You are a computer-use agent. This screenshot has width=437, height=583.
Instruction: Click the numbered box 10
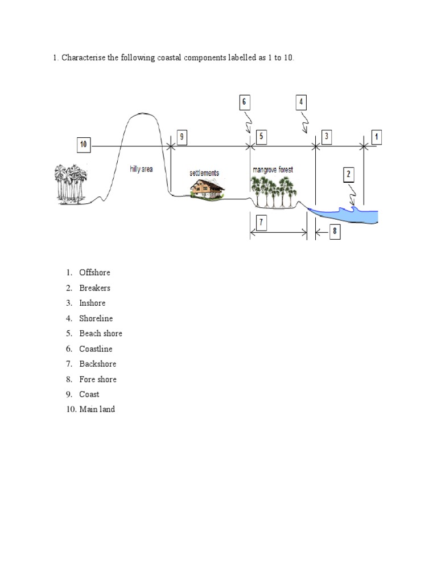(84, 145)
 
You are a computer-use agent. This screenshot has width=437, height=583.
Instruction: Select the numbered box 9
(181, 137)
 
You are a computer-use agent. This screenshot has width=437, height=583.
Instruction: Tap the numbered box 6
(244, 102)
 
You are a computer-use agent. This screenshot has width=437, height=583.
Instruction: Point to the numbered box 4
(302, 102)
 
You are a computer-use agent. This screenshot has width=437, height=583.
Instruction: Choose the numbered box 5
(261, 137)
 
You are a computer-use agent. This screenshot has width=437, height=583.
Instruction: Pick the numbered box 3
(327, 137)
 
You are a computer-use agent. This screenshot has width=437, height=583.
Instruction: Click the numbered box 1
(377, 137)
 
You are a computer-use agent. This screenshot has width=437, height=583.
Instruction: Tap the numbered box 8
(334, 231)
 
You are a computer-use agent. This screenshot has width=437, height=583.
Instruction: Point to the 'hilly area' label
(141, 169)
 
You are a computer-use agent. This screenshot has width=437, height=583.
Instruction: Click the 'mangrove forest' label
(272, 170)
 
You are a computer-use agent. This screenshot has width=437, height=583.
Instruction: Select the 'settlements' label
(204, 173)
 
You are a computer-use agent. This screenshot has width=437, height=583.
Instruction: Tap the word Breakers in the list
(94, 288)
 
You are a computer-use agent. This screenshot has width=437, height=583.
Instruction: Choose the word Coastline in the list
(96, 348)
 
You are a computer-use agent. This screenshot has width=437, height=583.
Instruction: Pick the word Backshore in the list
(97, 364)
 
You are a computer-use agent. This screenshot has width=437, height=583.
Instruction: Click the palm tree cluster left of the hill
(70, 183)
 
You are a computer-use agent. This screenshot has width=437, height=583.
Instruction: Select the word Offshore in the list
(94, 273)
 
